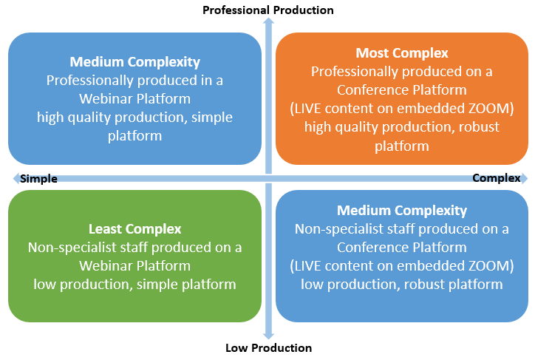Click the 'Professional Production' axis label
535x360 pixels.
[x=268, y=10]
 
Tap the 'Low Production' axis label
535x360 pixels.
[x=268, y=347]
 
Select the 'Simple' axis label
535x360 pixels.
[x=38, y=178]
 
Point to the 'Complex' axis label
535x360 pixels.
[x=497, y=177]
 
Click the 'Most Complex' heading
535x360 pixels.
[x=402, y=53]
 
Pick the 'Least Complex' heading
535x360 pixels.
[x=134, y=229]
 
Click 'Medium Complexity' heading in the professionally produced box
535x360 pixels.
[x=134, y=62]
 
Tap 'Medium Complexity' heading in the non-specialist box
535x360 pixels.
[x=402, y=211]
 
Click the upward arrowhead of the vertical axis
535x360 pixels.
[x=268, y=21]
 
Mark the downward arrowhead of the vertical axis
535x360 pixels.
[x=268, y=336]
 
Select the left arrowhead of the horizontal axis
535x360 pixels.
[x=16, y=178]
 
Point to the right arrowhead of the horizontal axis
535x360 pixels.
[x=525, y=178]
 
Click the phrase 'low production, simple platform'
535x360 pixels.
[x=134, y=285]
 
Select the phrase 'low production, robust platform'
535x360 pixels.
[x=402, y=285]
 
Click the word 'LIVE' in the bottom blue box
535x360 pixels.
[x=307, y=266]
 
